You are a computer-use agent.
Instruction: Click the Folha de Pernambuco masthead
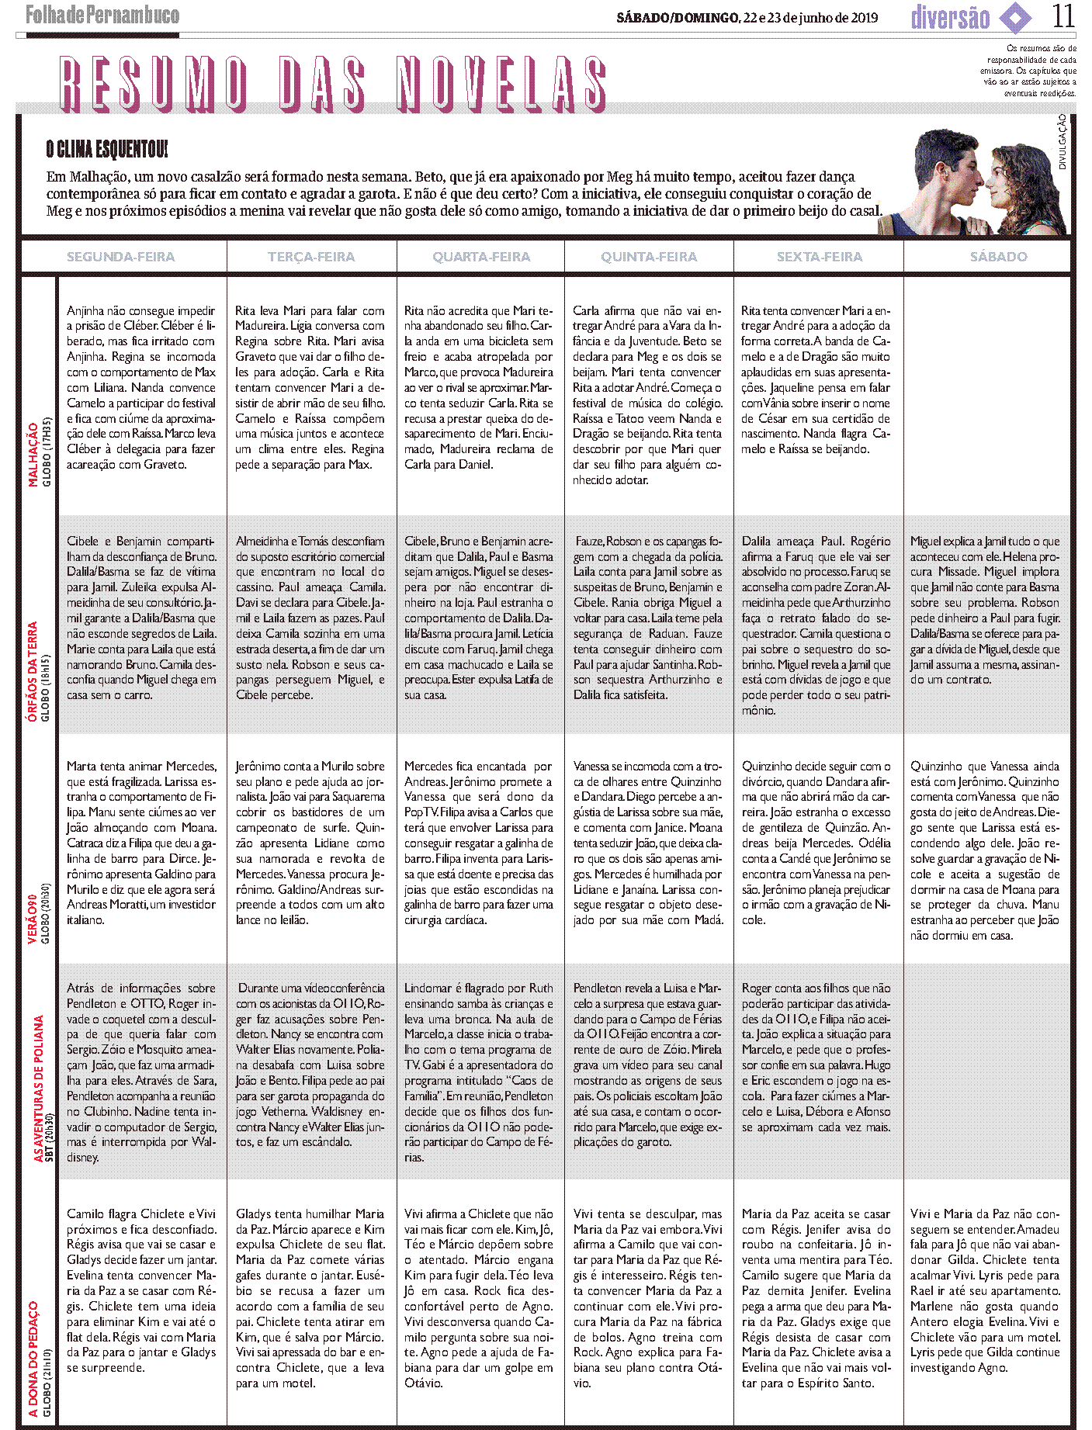tap(102, 16)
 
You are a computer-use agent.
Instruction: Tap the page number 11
tap(1063, 16)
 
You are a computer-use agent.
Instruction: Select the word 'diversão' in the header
tap(950, 18)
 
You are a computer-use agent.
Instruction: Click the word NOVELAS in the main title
tap(502, 84)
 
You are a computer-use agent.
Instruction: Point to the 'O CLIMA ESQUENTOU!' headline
tap(106, 149)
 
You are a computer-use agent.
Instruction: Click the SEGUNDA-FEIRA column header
tap(120, 257)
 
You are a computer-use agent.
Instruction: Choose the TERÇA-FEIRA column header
tap(311, 257)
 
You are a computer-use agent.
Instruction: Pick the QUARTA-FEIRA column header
tap(481, 257)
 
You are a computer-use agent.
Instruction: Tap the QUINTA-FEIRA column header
tap(649, 257)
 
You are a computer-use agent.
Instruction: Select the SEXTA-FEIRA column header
tap(819, 257)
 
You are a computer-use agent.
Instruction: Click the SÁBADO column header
tap(998, 257)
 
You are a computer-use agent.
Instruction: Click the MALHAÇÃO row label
tap(33, 455)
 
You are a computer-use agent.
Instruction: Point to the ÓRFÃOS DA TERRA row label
tap(33, 672)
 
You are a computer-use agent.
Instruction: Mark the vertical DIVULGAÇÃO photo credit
tap(1062, 142)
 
